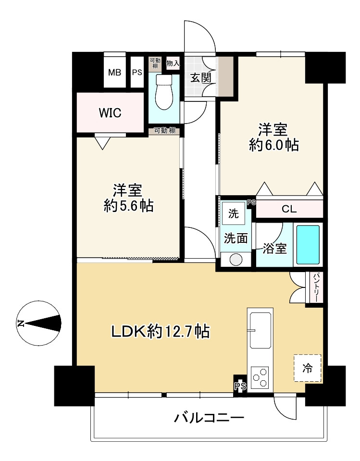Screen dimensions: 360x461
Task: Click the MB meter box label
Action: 114,72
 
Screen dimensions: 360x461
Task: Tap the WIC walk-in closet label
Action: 110,112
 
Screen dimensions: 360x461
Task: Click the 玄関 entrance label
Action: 201,78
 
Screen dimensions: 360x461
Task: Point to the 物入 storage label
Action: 173,63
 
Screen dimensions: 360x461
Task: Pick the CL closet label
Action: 289,209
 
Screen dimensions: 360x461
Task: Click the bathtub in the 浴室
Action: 308,245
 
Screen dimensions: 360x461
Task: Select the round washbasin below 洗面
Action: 236,260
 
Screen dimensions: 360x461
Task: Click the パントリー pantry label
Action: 315,288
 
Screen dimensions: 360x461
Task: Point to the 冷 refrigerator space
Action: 308,368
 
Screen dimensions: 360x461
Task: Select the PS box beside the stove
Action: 240,386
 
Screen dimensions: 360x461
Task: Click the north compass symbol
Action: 39,323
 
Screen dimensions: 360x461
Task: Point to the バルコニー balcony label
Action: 209,417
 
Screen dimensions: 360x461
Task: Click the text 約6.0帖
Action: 274,145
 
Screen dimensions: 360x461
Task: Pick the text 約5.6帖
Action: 128,206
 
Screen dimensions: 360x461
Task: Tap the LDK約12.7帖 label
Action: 160,332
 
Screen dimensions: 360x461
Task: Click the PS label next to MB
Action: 137,72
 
